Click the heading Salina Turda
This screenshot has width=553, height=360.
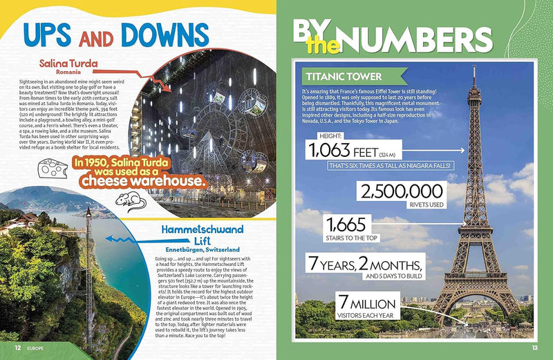68,64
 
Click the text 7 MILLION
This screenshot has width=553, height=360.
366,304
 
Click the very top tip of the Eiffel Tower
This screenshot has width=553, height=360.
474,67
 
